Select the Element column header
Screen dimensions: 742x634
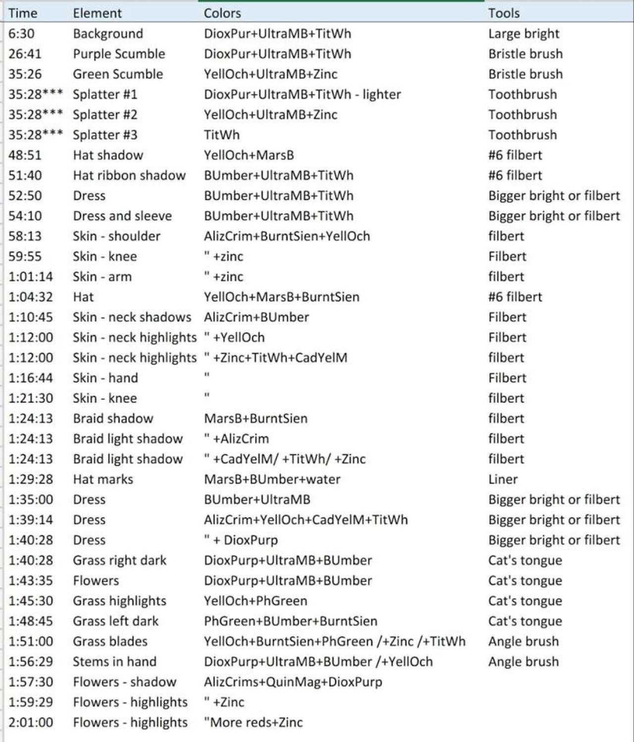tap(97, 13)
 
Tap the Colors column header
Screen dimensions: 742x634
tap(222, 13)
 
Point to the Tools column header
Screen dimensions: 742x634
tap(504, 13)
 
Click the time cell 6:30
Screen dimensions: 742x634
tap(21, 34)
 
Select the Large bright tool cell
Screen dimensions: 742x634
tap(524, 34)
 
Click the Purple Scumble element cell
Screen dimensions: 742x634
tap(119, 54)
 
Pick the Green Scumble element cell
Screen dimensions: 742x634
tap(118, 74)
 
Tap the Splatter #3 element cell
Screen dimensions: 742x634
tap(105, 135)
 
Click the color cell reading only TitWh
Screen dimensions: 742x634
tap(221, 135)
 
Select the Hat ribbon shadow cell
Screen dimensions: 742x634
tap(129, 175)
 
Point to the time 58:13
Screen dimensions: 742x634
tap(25, 236)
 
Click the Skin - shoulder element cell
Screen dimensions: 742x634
tap(116, 236)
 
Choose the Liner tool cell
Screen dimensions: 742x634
tap(503, 479)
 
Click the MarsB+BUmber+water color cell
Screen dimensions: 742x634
tap(272, 479)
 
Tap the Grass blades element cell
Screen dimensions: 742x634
tap(110, 641)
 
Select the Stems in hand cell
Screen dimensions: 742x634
tap(114, 662)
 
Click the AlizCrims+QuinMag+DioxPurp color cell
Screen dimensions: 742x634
tap(293, 682)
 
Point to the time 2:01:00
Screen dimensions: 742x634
tap(31, 723)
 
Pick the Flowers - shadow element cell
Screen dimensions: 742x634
tap(124, 682)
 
